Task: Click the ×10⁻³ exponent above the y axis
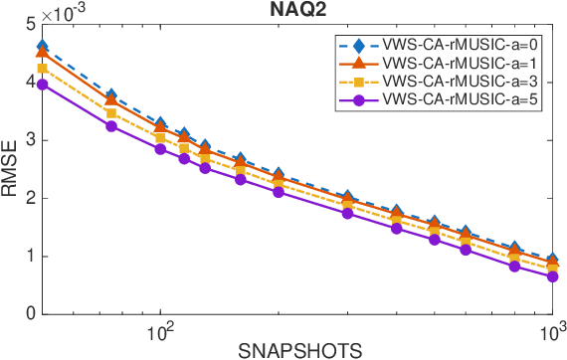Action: click(63, 11)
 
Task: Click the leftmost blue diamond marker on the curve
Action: click(43, 46)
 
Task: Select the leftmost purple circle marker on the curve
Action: click(43, 85)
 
